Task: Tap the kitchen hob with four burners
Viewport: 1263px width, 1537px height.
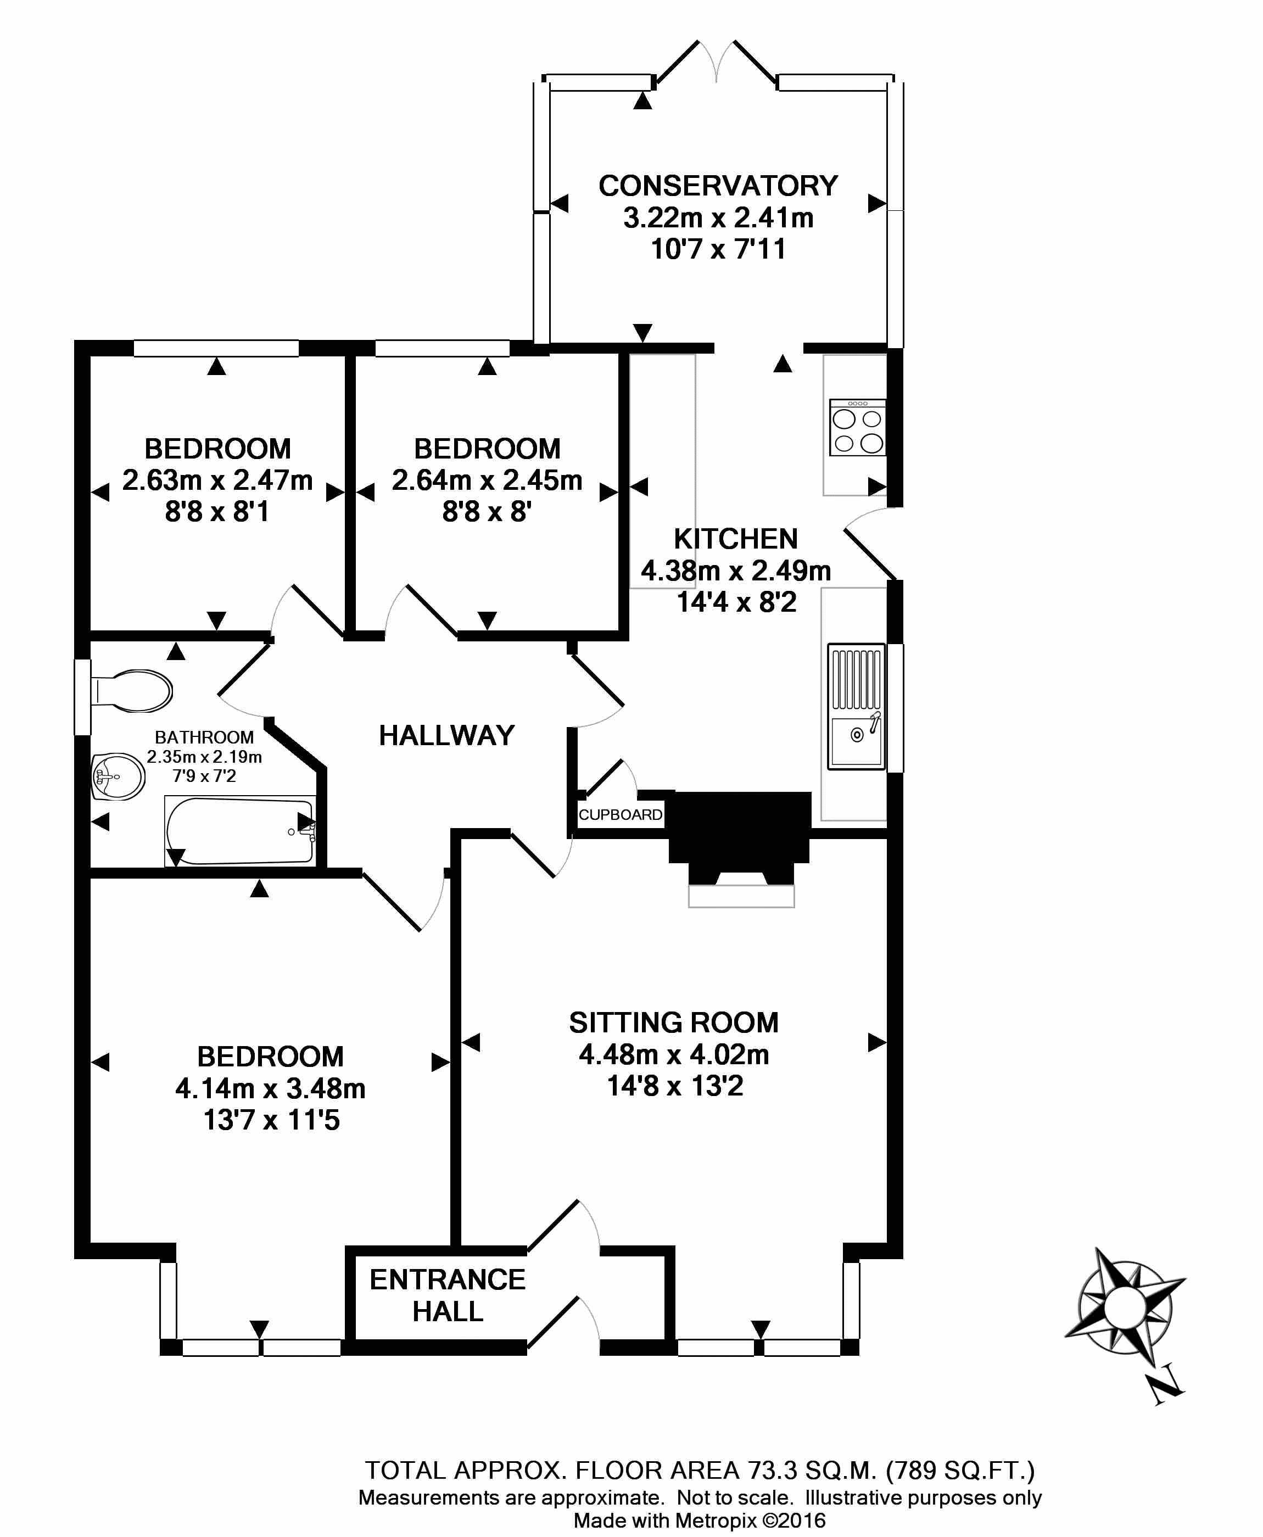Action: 857,428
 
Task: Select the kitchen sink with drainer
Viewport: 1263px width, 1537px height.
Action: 856,706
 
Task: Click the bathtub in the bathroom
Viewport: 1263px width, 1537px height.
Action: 240,831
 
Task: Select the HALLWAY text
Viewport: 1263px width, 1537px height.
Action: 446,735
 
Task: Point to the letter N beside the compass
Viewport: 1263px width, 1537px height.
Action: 1165,1388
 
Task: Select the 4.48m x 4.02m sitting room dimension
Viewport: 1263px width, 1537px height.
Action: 674,1054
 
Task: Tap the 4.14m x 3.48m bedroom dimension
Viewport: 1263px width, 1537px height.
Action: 270,1088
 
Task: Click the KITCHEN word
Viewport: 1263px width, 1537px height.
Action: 735,539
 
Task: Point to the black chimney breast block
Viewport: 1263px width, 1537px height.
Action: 740,829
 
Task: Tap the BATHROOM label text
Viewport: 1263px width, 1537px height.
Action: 204,737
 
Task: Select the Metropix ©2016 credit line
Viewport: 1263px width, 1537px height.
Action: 699,1521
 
